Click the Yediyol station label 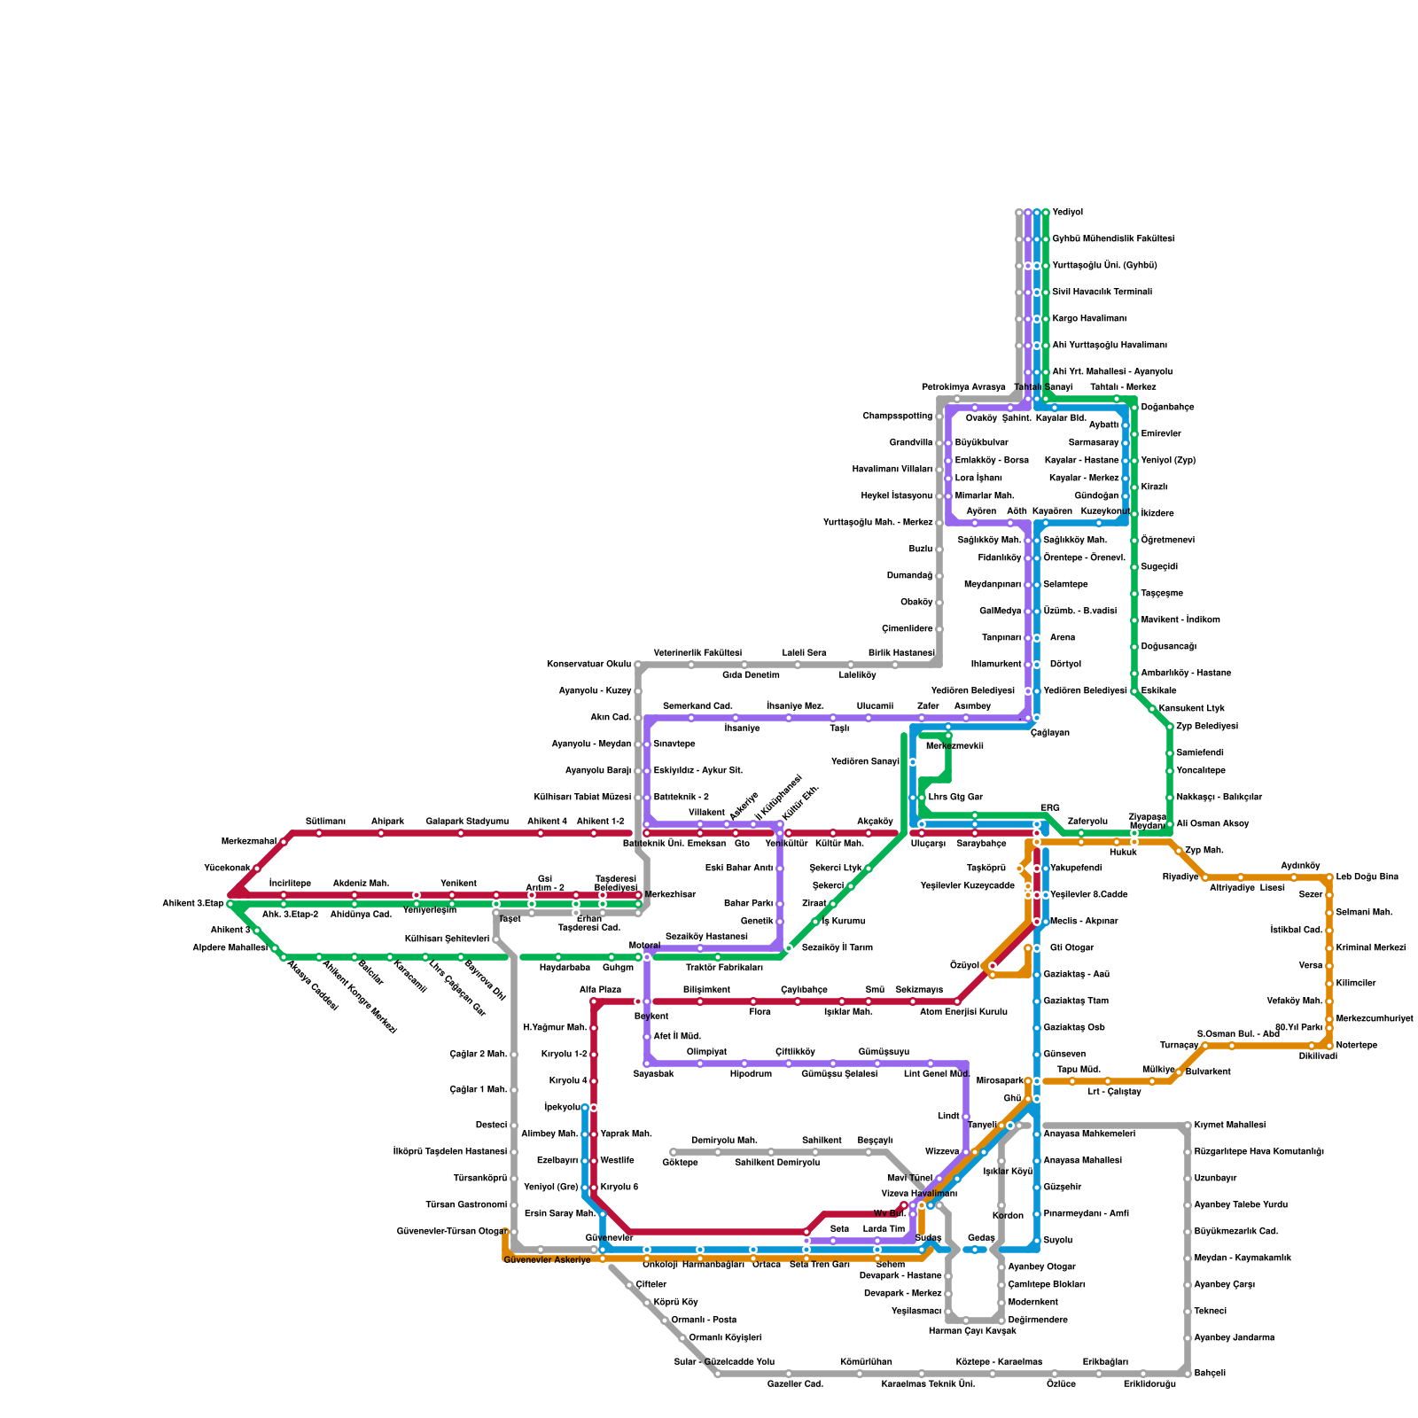[1067, 213]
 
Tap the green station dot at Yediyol [1046, 213]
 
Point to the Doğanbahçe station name [1167, 408]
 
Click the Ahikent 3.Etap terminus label [192, 904]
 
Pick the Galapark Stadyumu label [467, 822]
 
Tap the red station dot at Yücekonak [257, 869]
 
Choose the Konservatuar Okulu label [588, 665]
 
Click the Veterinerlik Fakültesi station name [697, 653]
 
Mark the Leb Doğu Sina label [1367, 877]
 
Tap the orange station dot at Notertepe [1329, 1046]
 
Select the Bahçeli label [1210, 1374]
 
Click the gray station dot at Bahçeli [1188, 1374]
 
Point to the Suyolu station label [1057, 1241]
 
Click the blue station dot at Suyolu [1037, 1241]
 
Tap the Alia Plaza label [600, 990]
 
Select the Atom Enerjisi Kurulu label [963, 1012]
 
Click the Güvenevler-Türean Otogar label [451, 1232]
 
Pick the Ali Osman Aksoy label [1212, 824]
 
